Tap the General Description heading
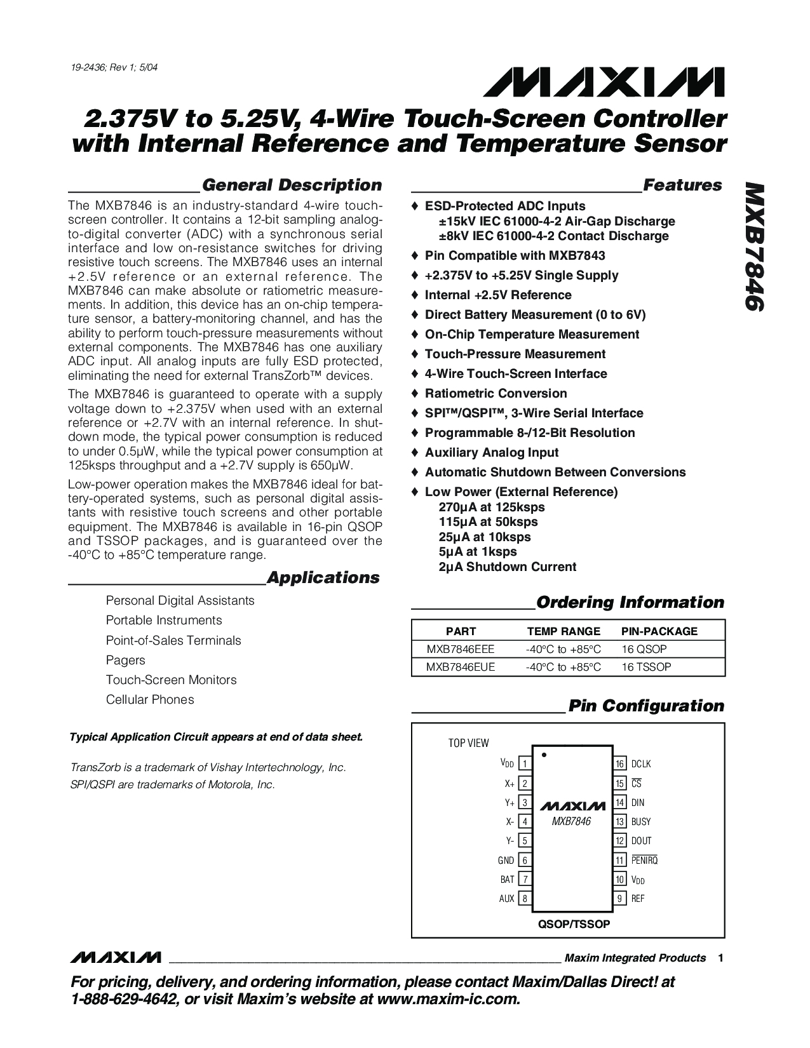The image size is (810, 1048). tap(292, 185)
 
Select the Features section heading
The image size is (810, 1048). tap(682, 185)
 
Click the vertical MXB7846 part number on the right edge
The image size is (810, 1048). tap(753, 247)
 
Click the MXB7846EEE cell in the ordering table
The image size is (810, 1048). tap(461, 649)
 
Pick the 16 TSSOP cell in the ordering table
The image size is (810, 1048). tap(646, 667)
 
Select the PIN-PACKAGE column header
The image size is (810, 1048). tap(659, 631)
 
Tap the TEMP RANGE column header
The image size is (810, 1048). tap(564, 631)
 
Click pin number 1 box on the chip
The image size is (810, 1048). tap(525, 764)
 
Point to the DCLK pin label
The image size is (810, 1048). tap(641, 764)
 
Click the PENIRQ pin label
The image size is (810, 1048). tap(644, 860)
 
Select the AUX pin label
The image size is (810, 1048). tap(507, 899)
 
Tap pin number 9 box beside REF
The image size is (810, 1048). tap(620, 899)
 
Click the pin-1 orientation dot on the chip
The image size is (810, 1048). tap(544, 755)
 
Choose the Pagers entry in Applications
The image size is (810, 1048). tap(126, 660)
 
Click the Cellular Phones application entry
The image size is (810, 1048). tap(150, 699)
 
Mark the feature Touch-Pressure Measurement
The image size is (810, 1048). tap(515, 354)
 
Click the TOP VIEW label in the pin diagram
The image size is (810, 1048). tap(469, 743)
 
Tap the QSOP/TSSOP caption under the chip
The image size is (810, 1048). tap(574, 924)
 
